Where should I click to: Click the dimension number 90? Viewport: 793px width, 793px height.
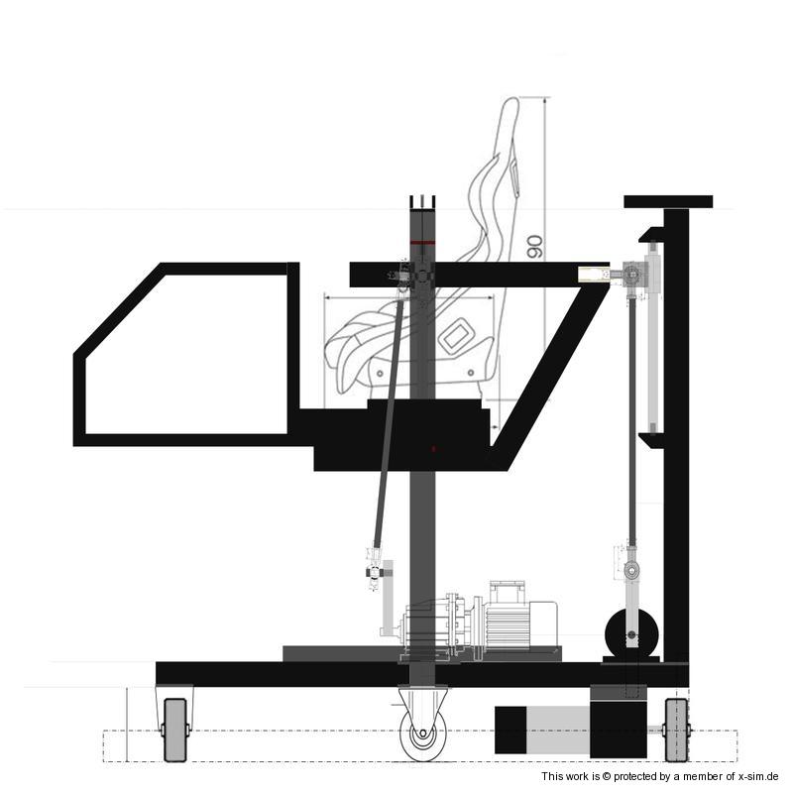pos(535,247)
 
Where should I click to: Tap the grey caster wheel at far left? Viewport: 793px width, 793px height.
pos(175,730)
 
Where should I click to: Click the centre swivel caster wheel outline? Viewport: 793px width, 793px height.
pos(422,733)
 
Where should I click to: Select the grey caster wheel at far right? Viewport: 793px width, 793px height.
pos(677,730)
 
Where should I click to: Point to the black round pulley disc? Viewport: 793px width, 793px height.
pos(631,634)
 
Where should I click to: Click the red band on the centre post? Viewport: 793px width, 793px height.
pos(422,243)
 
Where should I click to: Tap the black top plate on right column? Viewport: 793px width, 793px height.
pos(668,202)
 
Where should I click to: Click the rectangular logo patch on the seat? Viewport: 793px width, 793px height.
pos(456,335)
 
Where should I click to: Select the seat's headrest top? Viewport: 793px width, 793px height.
pos(510,104)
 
